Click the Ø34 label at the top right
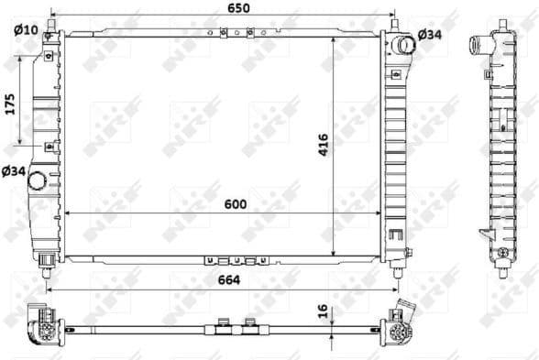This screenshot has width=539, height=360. tap(430, 34)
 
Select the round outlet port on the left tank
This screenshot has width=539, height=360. tap(38, 180)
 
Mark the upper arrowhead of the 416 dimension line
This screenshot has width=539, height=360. tap(333, 39)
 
